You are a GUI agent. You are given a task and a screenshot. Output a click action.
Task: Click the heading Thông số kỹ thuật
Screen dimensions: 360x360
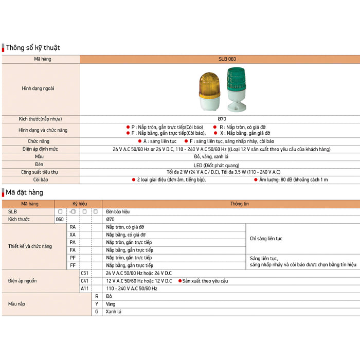tap(33, 48)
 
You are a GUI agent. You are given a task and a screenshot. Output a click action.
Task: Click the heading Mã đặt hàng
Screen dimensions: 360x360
tap(25, 192)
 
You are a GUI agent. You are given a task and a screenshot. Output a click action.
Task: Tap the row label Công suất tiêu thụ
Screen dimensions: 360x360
tap(40, 172)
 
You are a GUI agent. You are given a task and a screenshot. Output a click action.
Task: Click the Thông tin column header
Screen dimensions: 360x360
tap(239, 204)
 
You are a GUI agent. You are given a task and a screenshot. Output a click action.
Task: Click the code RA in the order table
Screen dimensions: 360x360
tap(73, 227)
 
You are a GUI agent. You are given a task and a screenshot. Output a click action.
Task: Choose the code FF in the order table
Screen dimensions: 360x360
tap(73, 265)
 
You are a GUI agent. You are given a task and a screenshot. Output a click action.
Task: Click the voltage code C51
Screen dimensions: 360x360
tap(85, 273)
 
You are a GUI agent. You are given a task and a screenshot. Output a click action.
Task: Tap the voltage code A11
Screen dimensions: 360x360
tap(85, 289)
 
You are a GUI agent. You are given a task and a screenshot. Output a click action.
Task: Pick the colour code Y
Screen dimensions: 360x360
tap(97, 304)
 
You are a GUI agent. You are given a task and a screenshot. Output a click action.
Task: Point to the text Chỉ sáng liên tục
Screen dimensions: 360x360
tap(266, 239)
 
